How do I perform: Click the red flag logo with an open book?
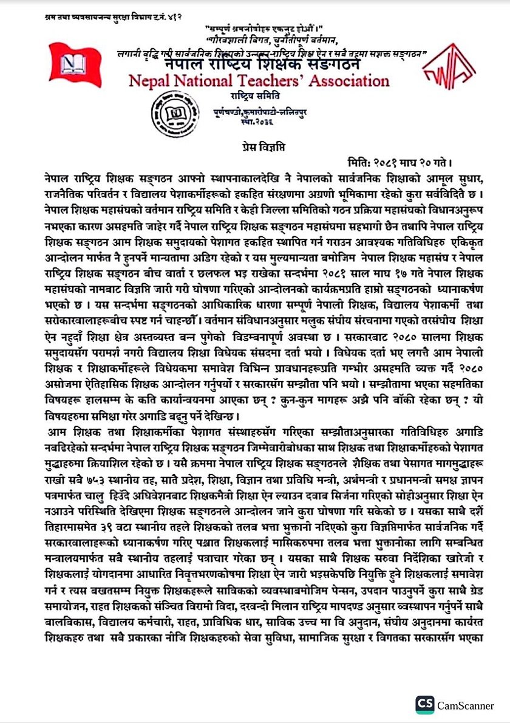point(75,67)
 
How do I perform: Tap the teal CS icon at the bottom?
point(424,704)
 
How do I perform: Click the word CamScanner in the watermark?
point(465,705)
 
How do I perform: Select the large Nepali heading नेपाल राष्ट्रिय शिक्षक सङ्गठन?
point(262,64)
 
